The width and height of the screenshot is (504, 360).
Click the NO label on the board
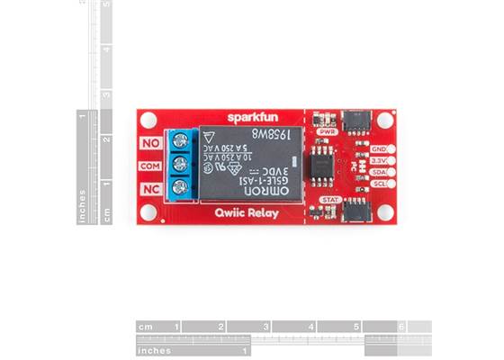152,142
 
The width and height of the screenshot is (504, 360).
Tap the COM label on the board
151,166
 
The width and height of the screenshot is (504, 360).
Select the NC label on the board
152,188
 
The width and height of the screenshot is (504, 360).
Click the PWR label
328,131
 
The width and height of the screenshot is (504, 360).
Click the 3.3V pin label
379,160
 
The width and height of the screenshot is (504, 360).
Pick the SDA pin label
379,172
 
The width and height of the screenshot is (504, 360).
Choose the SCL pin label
379,184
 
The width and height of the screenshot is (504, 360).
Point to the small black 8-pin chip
319,166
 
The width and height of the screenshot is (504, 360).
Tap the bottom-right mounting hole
386,211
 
